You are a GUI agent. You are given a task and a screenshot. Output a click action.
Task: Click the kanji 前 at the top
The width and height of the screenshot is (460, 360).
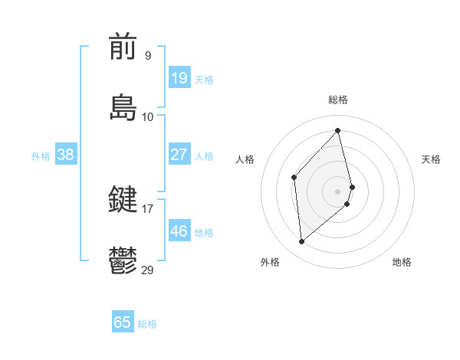point(123,48)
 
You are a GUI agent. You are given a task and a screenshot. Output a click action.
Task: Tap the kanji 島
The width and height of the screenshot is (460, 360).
point(123,107)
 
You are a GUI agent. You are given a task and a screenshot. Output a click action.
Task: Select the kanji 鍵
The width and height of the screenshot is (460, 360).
point(123,201)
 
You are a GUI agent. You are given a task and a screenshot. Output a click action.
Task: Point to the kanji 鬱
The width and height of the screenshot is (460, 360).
point(123,260)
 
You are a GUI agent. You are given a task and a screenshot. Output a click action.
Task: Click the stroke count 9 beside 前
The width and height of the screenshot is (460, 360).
point(147,56)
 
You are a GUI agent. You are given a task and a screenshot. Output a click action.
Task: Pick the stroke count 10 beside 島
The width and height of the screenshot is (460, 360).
point(148,116)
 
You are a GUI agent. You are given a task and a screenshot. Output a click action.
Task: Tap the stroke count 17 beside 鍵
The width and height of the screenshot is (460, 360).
point(148,208)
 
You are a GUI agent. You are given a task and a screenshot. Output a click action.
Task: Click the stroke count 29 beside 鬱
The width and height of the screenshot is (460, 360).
point(148,270)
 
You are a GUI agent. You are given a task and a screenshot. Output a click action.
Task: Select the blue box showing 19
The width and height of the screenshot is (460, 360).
point(179,78)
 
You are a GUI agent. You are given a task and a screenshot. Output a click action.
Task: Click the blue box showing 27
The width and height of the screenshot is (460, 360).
point(179,155)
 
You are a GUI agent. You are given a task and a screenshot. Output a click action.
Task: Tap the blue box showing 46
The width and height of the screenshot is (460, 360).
point(179,231)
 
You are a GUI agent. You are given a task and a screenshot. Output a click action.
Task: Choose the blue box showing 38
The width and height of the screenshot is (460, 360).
point(66,155)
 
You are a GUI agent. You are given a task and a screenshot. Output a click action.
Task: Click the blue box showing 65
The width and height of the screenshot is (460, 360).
point(123,322)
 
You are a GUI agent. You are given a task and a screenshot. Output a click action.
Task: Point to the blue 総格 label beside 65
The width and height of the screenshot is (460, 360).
point(147,324)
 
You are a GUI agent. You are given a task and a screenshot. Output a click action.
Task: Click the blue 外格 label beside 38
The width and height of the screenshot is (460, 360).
point(41,156)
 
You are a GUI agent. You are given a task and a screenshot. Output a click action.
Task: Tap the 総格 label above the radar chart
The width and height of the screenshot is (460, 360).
point(337,100)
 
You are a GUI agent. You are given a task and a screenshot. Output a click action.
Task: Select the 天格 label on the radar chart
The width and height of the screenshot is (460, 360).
point(431,159)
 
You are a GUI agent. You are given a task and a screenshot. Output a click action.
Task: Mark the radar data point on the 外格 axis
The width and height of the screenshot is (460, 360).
point(302,242)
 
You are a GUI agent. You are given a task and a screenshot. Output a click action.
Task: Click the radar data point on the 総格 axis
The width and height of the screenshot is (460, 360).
point(337,130)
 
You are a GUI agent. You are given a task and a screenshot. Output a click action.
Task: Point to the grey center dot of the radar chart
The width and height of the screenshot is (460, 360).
point(337,189)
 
